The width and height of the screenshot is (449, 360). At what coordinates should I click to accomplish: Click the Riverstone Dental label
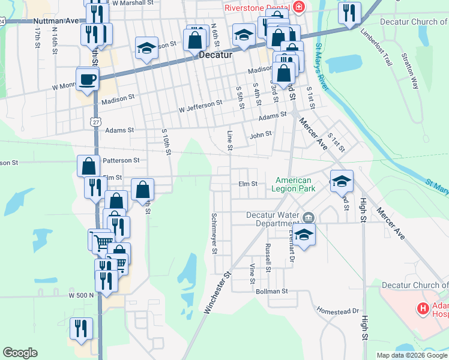tap(259, 8)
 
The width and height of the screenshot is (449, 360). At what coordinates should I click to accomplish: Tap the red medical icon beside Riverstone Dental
tap(299, 8)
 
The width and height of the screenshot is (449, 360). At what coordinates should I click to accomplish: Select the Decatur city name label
tap(215, 54)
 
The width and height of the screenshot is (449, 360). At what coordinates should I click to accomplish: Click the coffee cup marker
tap(87, 79)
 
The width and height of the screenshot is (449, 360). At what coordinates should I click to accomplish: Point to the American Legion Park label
tap(294, 184)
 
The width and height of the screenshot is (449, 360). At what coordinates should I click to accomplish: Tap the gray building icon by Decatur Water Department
tap(309, 217)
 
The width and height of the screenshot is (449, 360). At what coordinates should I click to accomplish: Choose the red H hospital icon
tap(423, 308)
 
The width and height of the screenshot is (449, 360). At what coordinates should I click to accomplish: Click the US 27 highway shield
tap(95, 121)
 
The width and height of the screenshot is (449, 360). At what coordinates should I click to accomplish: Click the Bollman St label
tap(272, 291)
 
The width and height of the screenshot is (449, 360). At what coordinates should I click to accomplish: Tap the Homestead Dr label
tap(337, 311)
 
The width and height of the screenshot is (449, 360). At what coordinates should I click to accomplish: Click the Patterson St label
tap(121, 160)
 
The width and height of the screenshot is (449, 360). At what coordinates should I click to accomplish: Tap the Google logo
tap(20, 353)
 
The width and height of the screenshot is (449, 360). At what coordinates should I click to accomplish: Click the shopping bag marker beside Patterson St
tap(88, 166)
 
